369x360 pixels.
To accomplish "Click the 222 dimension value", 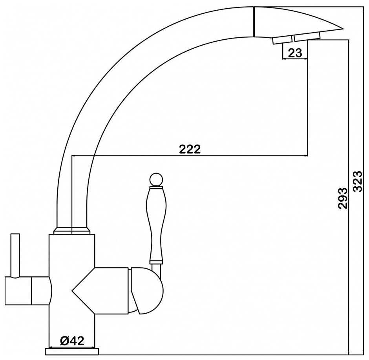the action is pos(190,149).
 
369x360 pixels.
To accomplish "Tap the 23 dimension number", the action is pos(295,53).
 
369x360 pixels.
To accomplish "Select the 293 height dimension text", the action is pos(343,198).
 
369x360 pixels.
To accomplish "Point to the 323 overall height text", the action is pos(358,182).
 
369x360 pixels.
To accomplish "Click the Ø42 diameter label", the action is pos(72,340).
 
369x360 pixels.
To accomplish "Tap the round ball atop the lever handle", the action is pos(156,179).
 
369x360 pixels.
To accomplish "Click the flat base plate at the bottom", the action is pos(72,351).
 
